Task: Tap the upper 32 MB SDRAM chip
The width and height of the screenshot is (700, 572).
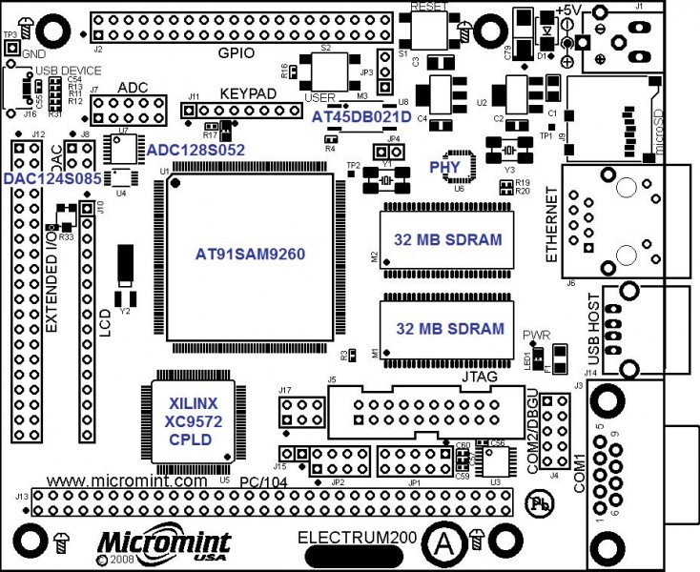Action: [449, 239]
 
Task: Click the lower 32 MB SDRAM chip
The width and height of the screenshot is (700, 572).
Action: [449, 329]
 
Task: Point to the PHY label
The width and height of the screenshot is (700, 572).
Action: [445, 166]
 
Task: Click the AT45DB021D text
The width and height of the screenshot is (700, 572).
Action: [361, 115]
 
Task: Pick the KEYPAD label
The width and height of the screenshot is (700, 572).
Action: [247, 95]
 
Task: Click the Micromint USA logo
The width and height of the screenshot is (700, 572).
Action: [143, 544]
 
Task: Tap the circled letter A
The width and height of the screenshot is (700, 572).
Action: [442, 541]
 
